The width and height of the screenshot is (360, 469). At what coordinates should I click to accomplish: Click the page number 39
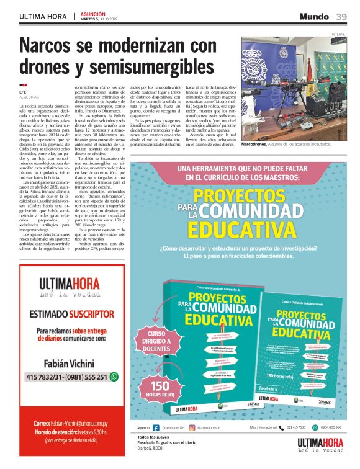341,16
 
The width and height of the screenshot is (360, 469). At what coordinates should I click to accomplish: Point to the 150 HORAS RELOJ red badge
156,388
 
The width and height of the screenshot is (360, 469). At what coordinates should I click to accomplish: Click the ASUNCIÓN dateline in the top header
92,13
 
